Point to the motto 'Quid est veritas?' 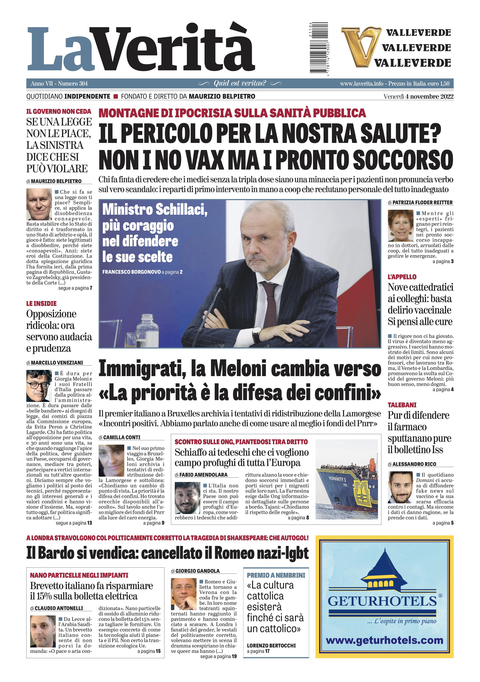tap(240, 83)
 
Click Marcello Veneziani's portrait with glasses tap(39, 386)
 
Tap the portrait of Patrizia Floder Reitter tap(400, 225)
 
